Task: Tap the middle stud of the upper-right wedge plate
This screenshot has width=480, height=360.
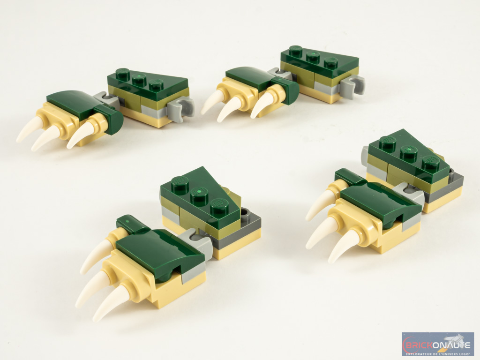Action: [x=313, y=56]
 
